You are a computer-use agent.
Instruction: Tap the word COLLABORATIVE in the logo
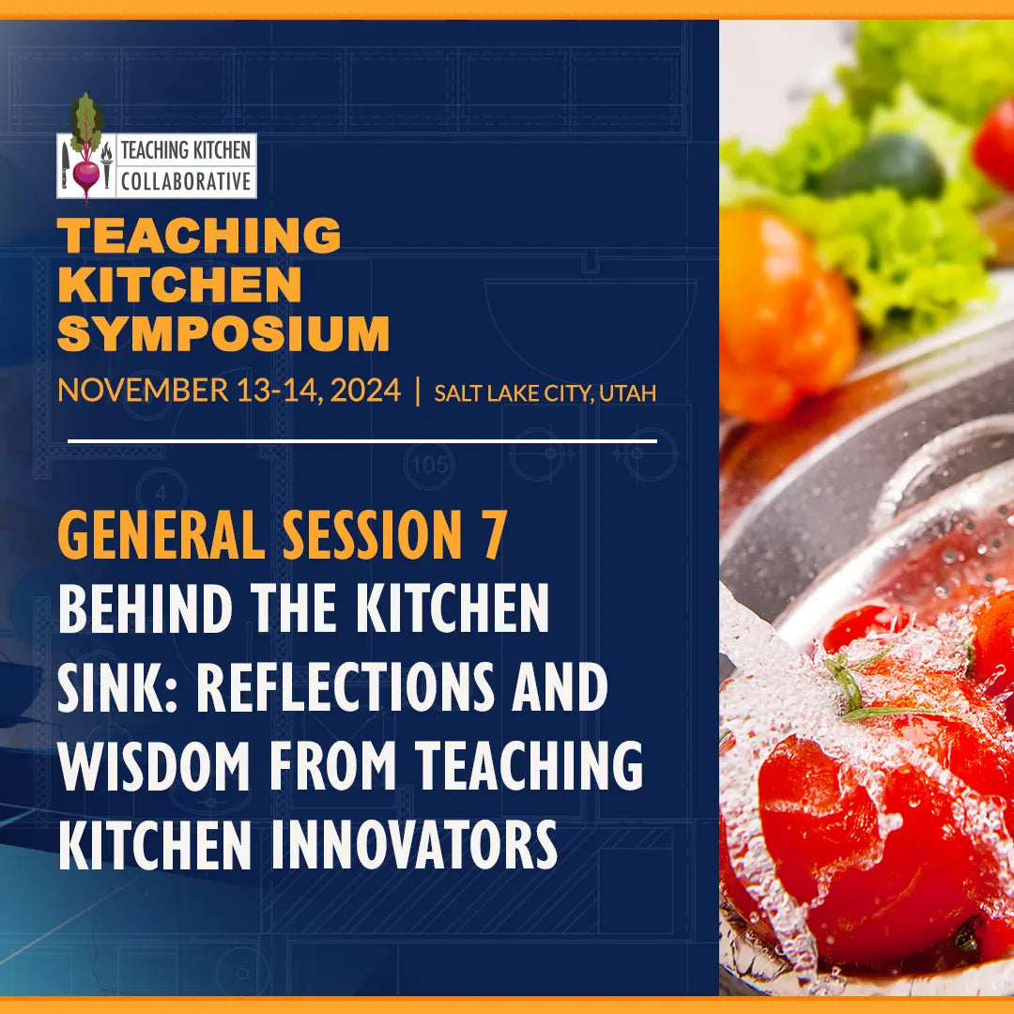tap(187, 180)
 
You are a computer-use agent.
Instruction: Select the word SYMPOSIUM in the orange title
tap(223, 333)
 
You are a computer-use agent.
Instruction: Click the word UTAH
tap(627, 392)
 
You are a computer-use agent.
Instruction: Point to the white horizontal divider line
tap(361, 439)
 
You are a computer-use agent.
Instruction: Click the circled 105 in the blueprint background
tap(431, 464)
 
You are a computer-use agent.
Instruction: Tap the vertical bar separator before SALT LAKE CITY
tap(418, 391)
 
